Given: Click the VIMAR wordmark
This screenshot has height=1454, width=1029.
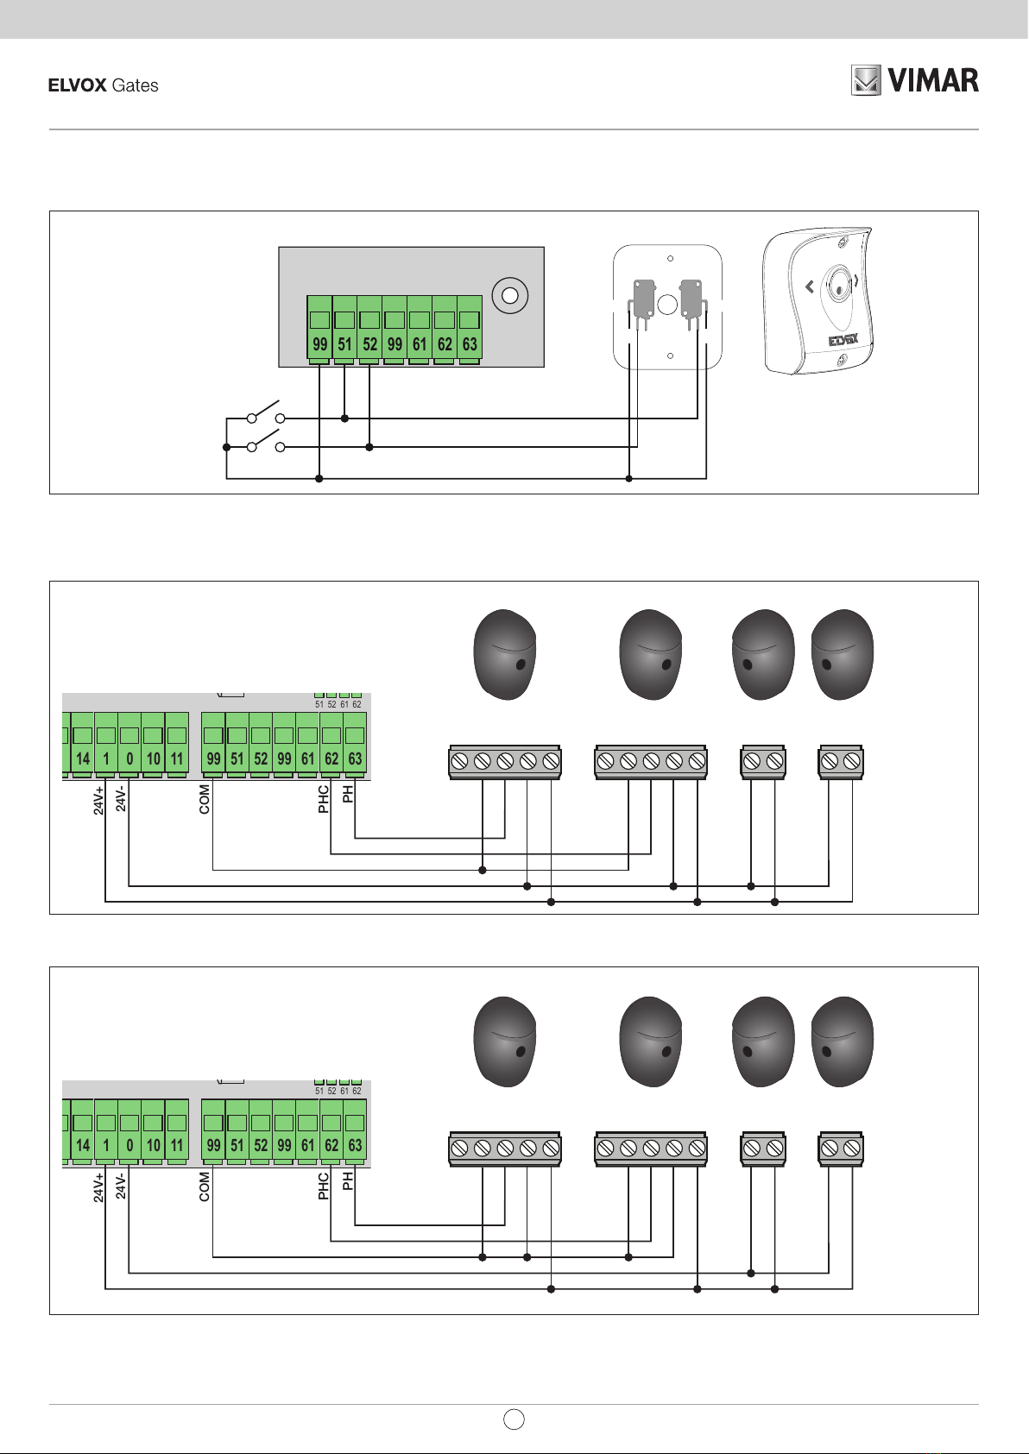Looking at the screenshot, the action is click(x=933, y=80).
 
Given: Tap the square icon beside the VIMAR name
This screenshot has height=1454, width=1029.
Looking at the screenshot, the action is click(x=866, y=80).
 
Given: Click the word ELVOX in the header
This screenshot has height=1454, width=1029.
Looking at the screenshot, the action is click(x=77, y=85).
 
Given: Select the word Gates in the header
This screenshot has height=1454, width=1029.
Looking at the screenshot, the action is click(x=135, y=85).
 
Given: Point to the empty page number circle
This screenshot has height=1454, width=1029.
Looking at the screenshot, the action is click(x=514, y=1419).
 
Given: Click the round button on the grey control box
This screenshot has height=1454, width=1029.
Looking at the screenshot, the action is click(x=510, y=296).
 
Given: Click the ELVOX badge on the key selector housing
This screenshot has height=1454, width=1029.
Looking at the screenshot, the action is click(x=843, y=340).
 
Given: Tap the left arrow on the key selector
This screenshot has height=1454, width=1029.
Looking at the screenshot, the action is click(x=809, y=286).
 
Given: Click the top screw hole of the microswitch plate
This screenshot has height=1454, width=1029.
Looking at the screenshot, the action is click(x=670, y=258).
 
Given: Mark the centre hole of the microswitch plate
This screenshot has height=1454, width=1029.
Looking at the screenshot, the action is click(x=667, y=304).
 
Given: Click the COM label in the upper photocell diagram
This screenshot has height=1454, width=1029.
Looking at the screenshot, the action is click(x=205, y=799).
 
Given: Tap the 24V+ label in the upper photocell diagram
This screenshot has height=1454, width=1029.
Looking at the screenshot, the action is click(x=98, y=801).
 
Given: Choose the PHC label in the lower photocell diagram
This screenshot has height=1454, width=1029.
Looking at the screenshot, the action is click(x=324, y=1186).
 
